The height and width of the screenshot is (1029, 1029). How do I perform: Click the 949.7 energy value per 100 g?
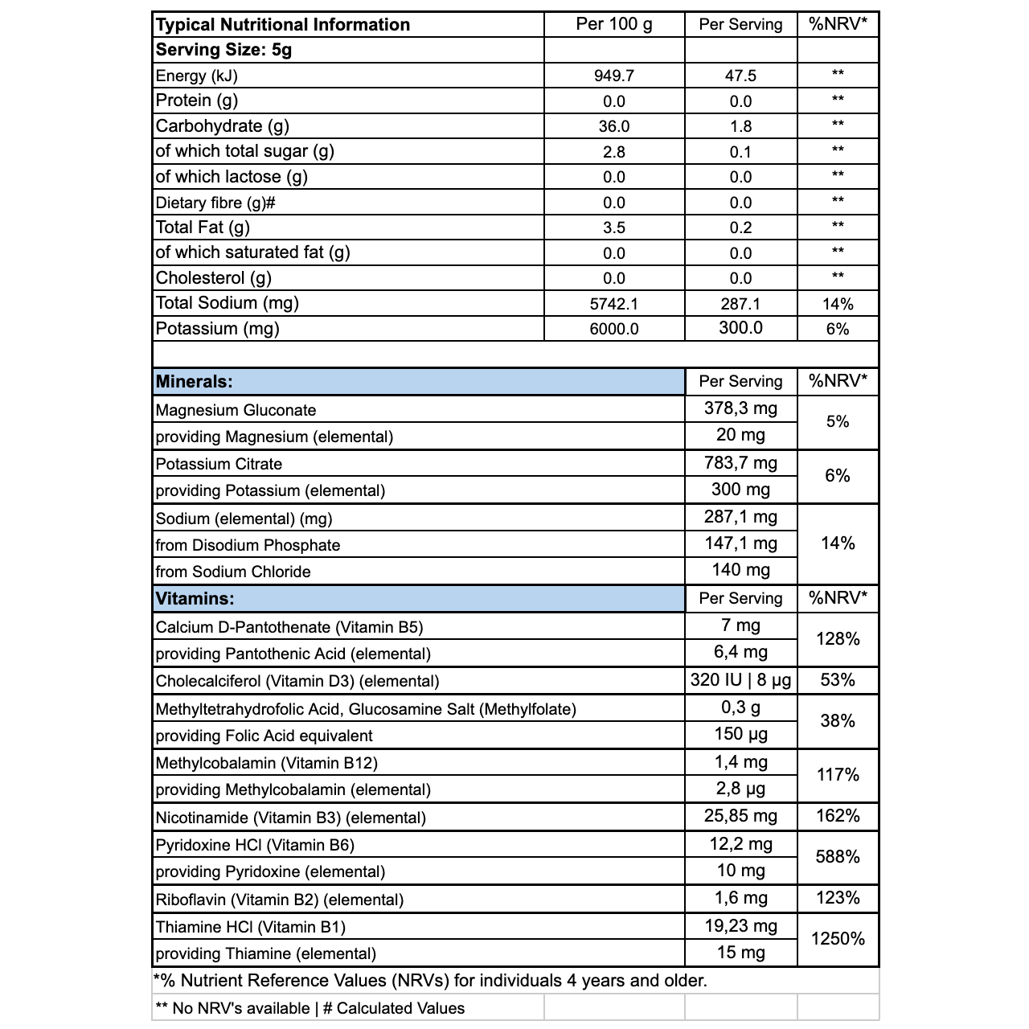614,76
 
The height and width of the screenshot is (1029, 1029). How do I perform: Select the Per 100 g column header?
614,24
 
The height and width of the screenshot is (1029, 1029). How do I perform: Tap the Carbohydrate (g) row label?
223,126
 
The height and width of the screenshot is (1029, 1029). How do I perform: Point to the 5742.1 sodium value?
614,304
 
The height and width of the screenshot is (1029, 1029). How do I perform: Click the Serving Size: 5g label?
223,50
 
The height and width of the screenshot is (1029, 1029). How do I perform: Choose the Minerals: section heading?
195,382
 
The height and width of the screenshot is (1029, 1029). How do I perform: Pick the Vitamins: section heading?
195,599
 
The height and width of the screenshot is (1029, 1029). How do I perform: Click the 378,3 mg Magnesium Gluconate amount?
740,408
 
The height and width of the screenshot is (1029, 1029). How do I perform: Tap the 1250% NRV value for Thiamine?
838,939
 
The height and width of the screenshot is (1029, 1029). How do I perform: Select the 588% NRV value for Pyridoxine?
838,857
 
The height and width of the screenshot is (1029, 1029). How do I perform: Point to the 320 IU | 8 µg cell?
740,681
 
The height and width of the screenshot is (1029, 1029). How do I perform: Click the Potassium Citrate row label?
219,464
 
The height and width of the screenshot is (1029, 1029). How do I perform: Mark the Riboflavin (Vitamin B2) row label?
280,900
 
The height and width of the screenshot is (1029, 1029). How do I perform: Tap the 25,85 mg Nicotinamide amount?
740,817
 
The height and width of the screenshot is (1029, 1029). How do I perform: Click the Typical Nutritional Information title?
283,25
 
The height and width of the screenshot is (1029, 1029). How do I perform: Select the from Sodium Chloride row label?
233,572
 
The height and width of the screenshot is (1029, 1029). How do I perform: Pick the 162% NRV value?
838,817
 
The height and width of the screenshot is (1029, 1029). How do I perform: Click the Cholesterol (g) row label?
214,278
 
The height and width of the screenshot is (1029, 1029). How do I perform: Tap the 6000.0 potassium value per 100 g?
614,329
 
